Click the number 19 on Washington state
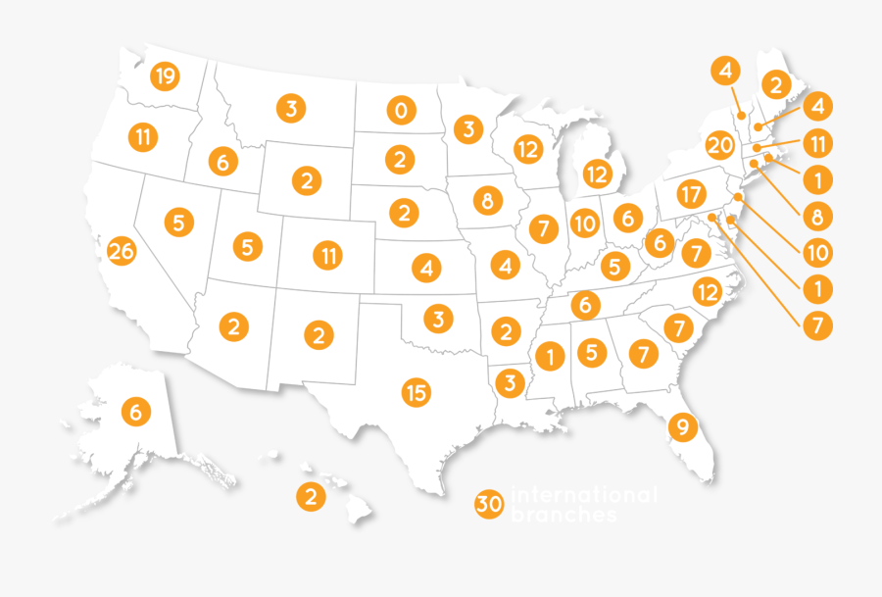click(x=165, y=76)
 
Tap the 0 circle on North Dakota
click(x=399, y=111)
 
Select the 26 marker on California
click(x=122, y=252)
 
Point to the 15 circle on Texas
click(x=416, y=393)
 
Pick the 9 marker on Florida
click(x=682, y=427)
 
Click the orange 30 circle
click(x=489, y=504)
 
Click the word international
click(x=584, y=495)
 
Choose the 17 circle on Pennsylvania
click(x=691, y=192)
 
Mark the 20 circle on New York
click(x=719, y=146)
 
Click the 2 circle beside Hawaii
click(x=311, y=497)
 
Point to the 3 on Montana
click(x=290, y=108)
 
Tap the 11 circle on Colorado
click(x=328, y=257)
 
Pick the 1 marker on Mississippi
click(x=551, y=358)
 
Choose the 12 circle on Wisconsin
click(x=528, y=150)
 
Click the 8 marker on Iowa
click(x=486, y=202)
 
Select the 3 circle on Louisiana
click(x=510, y=383)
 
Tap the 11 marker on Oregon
click(x=143, y=137)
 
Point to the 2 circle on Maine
click(x=775, y=85)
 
